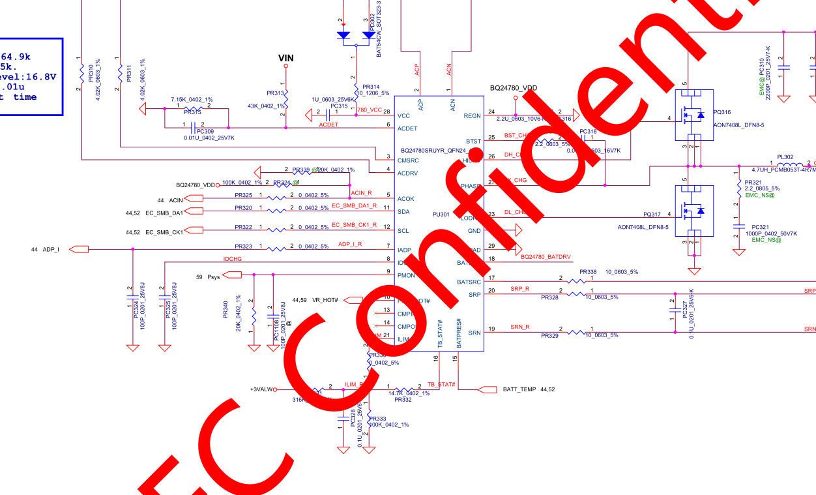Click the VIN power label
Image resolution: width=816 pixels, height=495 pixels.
pyautogui.click(x=285, y=58)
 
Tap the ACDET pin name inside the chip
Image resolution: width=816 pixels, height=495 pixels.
pyautogui.click(x=408, y=128)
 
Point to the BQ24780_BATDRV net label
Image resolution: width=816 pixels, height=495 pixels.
pyautogui.click(x=546, y=257)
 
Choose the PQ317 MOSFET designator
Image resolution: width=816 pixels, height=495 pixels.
pyautogui.click(x=652, y=214)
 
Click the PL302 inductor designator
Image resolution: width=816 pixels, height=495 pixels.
pyautogui.click(x=785, y=157)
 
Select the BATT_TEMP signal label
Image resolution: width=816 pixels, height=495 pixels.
pyautogui.click(x=519, y=389)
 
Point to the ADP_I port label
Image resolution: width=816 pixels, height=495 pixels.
pyautogui.click(x=50, y=249)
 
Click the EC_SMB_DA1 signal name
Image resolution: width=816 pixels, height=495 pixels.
pyautogui.click(x=164, y=213)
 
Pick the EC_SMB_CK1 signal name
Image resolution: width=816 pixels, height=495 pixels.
pyautogui.click(x=164, y=232)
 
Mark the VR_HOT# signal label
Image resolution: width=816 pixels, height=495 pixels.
pyautogui.click(x=325, y=300)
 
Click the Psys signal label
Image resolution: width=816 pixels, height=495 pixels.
pyautogui.click(x=213, y=277)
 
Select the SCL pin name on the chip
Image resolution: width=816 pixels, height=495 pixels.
pyautogui.click(x=403, y=231)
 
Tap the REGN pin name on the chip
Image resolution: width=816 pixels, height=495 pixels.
pyautogui.click(x=472, y=115)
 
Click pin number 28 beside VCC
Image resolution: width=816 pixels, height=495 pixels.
pyautogui.click(x=386, y=112)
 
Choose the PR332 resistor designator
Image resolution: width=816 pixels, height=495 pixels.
pyautogui.click(x=403, y=399)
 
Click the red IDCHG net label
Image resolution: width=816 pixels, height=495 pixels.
pyautogui.click(x=233, y=259)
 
